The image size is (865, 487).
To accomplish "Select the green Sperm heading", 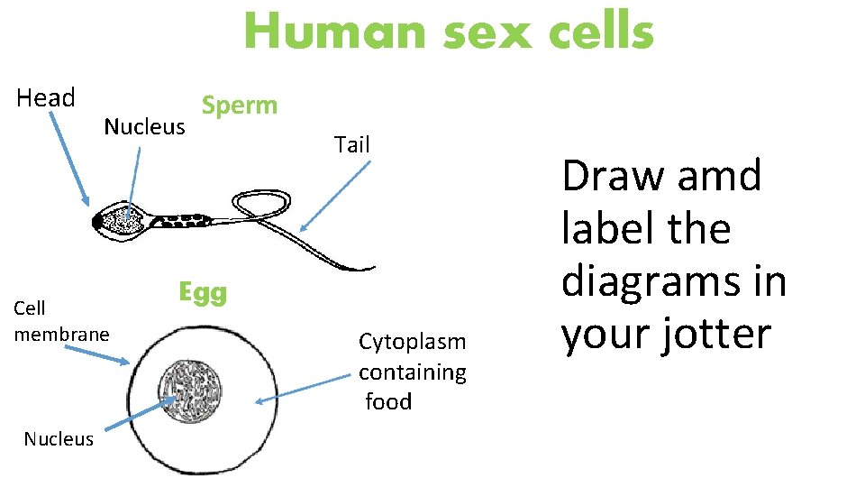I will pos(240,106).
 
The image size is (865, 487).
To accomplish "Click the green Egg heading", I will pos(203,292).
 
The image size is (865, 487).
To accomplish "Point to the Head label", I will pos(46,97).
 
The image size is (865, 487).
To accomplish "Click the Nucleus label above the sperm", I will pos(144,127).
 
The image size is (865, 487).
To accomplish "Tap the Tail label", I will pos(351,144).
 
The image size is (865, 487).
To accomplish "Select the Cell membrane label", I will pos(61,321).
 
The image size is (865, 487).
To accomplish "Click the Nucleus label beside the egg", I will pos(59,439).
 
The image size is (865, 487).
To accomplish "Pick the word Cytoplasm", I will pos(413,342).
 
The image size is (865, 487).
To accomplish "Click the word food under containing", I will pos(388,402).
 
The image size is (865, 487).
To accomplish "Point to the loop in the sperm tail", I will pos(261,204).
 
